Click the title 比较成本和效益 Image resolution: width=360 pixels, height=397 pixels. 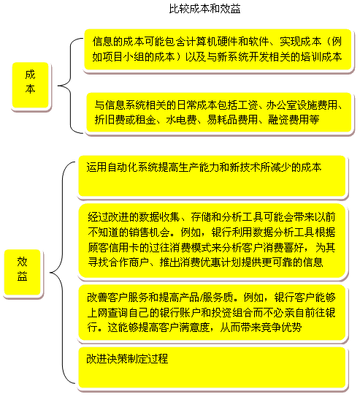click(x=204, y=9)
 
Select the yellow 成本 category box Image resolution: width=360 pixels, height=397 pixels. click(x=31, y=85)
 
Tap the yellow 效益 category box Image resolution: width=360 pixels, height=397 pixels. click(x=22, y=272)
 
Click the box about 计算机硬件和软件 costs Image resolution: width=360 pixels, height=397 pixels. click(x=218, y=50)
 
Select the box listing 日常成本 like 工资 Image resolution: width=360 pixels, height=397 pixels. click(x=219, y=112)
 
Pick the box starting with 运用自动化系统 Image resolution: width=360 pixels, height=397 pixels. click(x=212, y=175)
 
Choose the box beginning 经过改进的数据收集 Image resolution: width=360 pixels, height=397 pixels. click(x=212, y=241)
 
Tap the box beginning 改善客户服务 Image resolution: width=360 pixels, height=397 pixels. click(x=212, y=313)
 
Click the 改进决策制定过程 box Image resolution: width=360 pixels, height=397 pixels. click(x=212, y=367)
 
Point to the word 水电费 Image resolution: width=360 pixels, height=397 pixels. click(x=181, y=120)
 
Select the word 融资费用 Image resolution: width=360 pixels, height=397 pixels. click(x=283, y=120)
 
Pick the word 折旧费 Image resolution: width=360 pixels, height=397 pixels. click(x=110, y=120)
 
